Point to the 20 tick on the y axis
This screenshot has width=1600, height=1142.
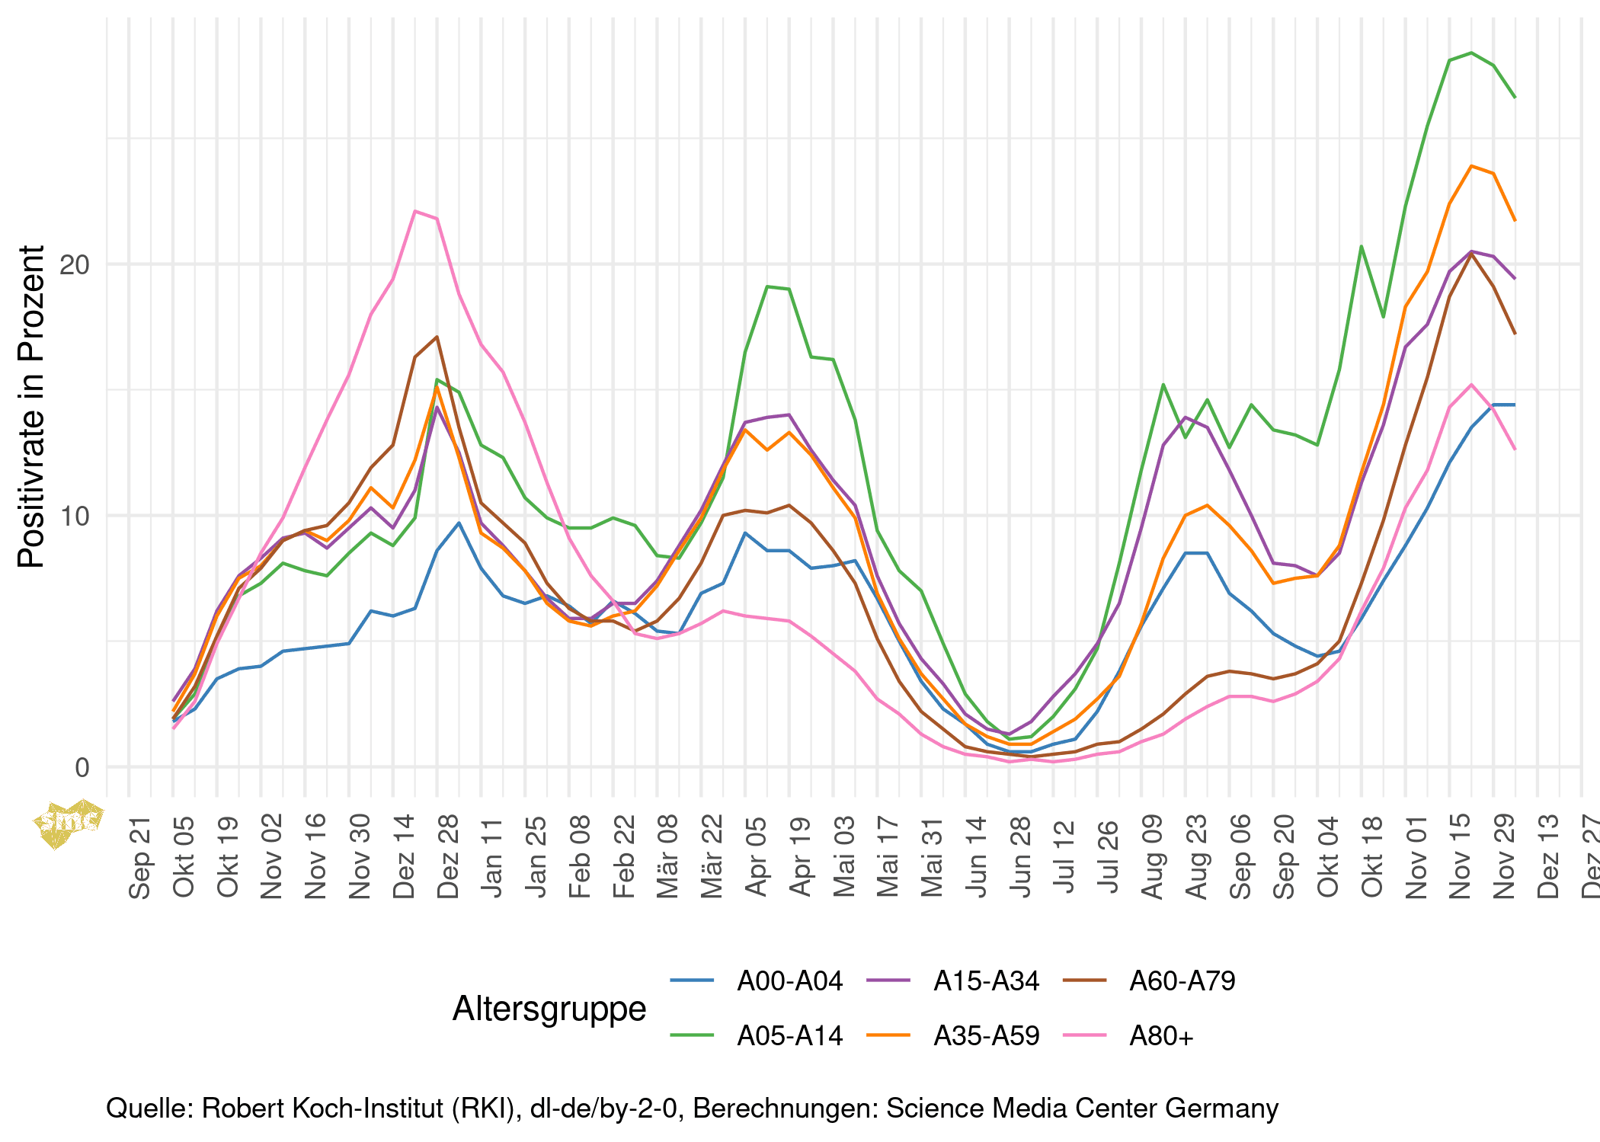(x=75, y=265)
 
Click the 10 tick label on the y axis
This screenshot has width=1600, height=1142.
(x=75, y=517)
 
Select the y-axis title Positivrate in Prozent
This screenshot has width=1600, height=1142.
(x=32, y=407)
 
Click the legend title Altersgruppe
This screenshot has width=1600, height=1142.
(x=549, y=1009)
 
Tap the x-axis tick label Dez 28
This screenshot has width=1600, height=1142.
(x=448, y=856)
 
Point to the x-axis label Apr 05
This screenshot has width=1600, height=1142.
(x=756, y=856)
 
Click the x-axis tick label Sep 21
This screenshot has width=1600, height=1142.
(x=140, y=856)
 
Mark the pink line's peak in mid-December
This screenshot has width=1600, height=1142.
(x=415, y=211)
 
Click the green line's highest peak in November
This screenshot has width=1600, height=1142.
(x=1471, y=53)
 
